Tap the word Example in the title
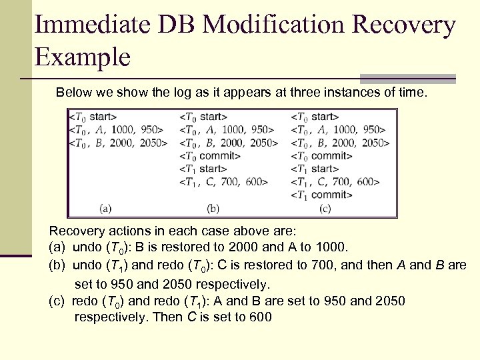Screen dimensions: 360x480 pyautogui.click(x=82, y=57)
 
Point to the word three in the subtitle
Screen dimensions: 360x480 pyautogui.click(x=307, y=92)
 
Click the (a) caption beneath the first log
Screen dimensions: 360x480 pyautogui.click(x=105, y=209)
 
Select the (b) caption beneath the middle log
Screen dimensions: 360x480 pyautogui.click(x=213, y=209)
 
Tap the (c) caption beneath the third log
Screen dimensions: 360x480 pyautogui.click(x=325, y=209)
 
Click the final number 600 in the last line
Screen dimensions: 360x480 pyautogui.click(x=259, y=317)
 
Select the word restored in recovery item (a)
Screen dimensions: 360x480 pyautogui.click(x=185, y=248)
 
